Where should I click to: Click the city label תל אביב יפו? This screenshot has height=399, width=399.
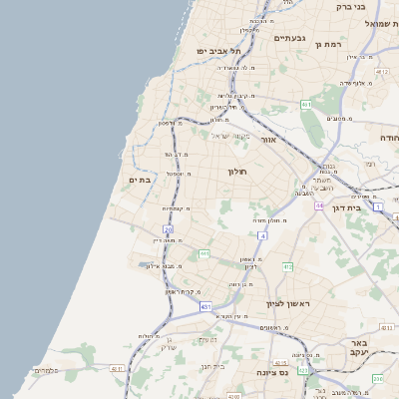[219, 50]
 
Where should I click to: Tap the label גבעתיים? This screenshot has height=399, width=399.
[288, 38]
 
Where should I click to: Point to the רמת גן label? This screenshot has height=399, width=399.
[328, 44]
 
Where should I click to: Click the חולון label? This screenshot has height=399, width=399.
[237, 172]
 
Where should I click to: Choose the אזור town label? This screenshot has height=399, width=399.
[267, 140]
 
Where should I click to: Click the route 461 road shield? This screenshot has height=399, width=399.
[307, 105]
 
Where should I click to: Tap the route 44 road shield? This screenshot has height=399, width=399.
[319, 205]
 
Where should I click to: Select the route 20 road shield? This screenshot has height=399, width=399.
[169, 229]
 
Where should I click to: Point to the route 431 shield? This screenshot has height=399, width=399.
[205, 307]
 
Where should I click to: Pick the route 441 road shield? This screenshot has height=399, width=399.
[203, 254]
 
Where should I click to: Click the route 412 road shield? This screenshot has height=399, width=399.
[287, 267]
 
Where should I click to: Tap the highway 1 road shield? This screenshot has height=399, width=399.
[378, 206]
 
